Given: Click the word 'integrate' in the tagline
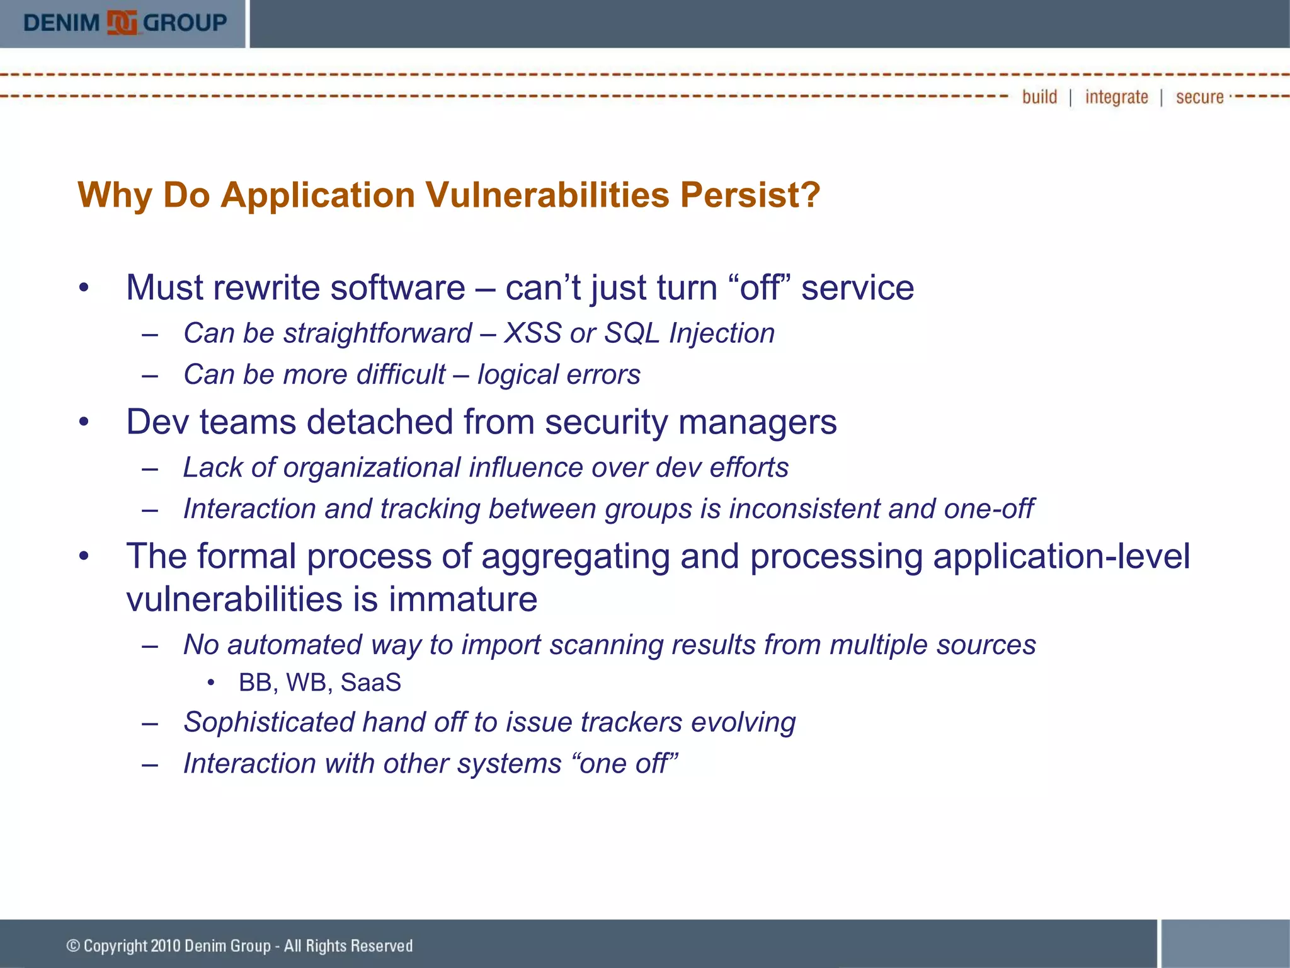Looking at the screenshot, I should pyautogui.click(x=1116, y=97).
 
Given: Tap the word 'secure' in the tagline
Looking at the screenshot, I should pyautogui.click(x=1199, y=97).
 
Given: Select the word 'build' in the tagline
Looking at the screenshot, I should pyautogui.click(x=1039, y=97).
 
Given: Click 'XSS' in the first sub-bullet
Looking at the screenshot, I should pyautogui.click(x=532, y=333).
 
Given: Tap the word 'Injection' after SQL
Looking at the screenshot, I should pyautogui.click(x=722, y=333).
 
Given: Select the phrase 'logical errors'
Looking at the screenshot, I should pyautogui.click(x=559, y=375).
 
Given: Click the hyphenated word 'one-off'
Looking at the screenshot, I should pyautogui.click(x=988, y=509).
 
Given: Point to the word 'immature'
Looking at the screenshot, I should pyautogui.click(x=462, y=599).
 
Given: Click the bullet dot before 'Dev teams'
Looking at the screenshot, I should pyautogui.click(x=84, y=422).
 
